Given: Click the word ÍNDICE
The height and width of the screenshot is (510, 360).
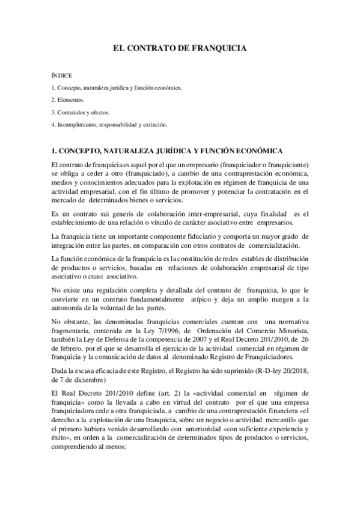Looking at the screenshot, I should click(62, 76).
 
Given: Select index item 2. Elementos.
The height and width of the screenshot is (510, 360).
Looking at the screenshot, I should click(68, 100).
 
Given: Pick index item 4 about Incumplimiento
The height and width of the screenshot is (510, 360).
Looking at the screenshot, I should click(109, 124).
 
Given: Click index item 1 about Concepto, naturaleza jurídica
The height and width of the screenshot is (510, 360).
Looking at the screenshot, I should click(116, 88).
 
